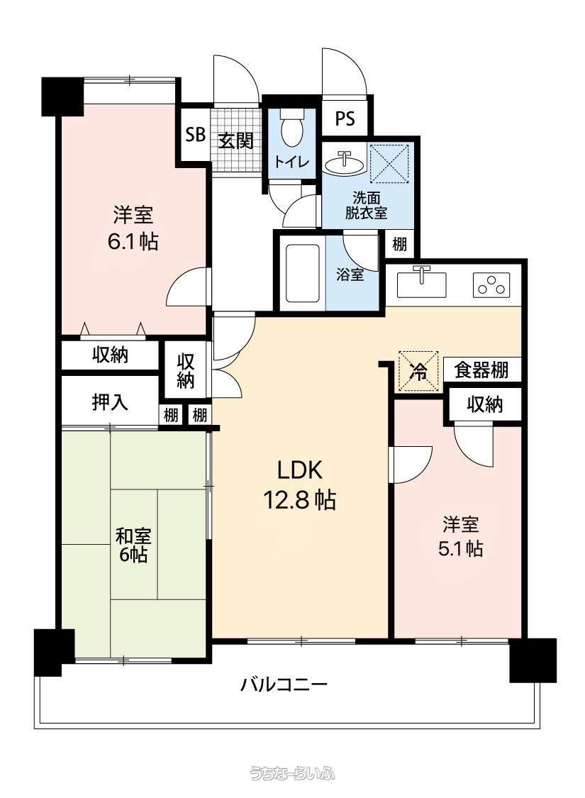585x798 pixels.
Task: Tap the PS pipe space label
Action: (345, 119)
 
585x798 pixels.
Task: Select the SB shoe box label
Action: (195, 135)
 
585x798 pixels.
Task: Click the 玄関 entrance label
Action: (236, 140)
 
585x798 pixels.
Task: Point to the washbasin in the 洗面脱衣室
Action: (345, 163)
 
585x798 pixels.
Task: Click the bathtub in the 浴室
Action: (303, 273)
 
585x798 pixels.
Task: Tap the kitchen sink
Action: (421, 284)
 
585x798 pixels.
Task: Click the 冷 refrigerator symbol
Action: (418, 371)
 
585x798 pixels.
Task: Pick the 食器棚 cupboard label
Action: (481, 370)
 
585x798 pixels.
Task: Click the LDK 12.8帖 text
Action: (300, 485)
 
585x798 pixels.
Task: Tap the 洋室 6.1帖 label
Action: (133, 228)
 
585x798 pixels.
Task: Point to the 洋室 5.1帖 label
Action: (460, 536)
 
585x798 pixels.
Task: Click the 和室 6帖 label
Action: (133, 545)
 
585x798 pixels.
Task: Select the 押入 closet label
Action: (110, 403)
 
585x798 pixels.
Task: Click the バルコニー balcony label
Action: (284, 684)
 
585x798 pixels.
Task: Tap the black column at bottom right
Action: (533, 660)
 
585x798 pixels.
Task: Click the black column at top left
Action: (62, 96)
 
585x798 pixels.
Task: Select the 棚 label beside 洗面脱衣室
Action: (399, 245)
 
